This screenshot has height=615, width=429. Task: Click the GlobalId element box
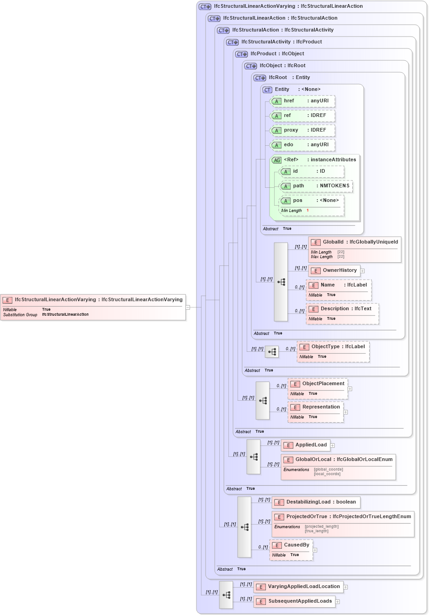(x=355, y=249)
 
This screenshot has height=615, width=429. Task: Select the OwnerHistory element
(x=334, y=270)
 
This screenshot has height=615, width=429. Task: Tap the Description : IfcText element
(x=342, y=313)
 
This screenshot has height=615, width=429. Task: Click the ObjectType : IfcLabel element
(x=333, y=351)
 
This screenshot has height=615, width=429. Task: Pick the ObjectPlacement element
(x=318, y=388)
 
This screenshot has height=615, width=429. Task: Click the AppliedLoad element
(x=306, y=445)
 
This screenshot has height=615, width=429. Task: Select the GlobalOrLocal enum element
(x=338, y=467)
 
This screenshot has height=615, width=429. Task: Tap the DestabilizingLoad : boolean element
(x=316, y=502)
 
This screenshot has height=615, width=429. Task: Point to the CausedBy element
(x=291, y=550)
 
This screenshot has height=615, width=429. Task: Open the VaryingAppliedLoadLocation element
(x=298, y=587)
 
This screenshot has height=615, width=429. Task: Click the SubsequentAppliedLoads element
(x=295, y=601)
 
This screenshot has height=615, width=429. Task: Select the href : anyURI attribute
(x=303, y=101)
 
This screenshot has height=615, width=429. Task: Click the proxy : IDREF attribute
(x=303, y=130)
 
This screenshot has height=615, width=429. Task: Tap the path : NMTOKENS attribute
(x=316, y=186)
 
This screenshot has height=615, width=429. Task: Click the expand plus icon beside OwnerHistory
(x=362, y=271)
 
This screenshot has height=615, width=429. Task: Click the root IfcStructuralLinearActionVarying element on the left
(x=93, y=307)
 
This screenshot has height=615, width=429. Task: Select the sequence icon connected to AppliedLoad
(x=254, y=456)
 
